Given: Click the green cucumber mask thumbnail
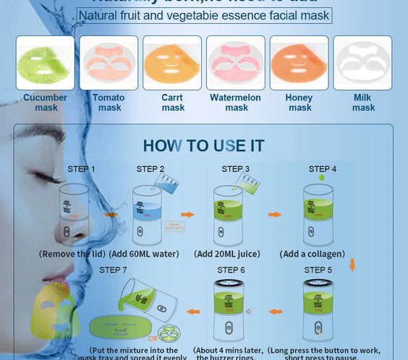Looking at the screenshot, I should coord(45,63).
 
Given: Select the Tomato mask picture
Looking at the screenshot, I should coord(109,63).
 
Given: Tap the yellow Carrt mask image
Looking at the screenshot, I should coord(172,63).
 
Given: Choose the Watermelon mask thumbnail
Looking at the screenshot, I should coord(236,63).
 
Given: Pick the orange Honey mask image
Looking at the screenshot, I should coord(299,63).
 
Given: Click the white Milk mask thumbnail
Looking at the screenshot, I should coord(363,63).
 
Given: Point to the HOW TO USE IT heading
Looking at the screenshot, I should coord(203,146).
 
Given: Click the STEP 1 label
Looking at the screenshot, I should coord(81,169).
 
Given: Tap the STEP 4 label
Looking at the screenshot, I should coord(323,169).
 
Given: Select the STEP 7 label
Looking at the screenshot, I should coord(114,270).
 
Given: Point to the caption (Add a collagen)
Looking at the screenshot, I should coord(313,254).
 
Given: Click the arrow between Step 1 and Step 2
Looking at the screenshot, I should coord(111,214).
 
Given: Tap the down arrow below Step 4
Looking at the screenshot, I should coord(353,265).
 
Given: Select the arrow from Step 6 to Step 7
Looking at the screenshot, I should coord(194,312).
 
